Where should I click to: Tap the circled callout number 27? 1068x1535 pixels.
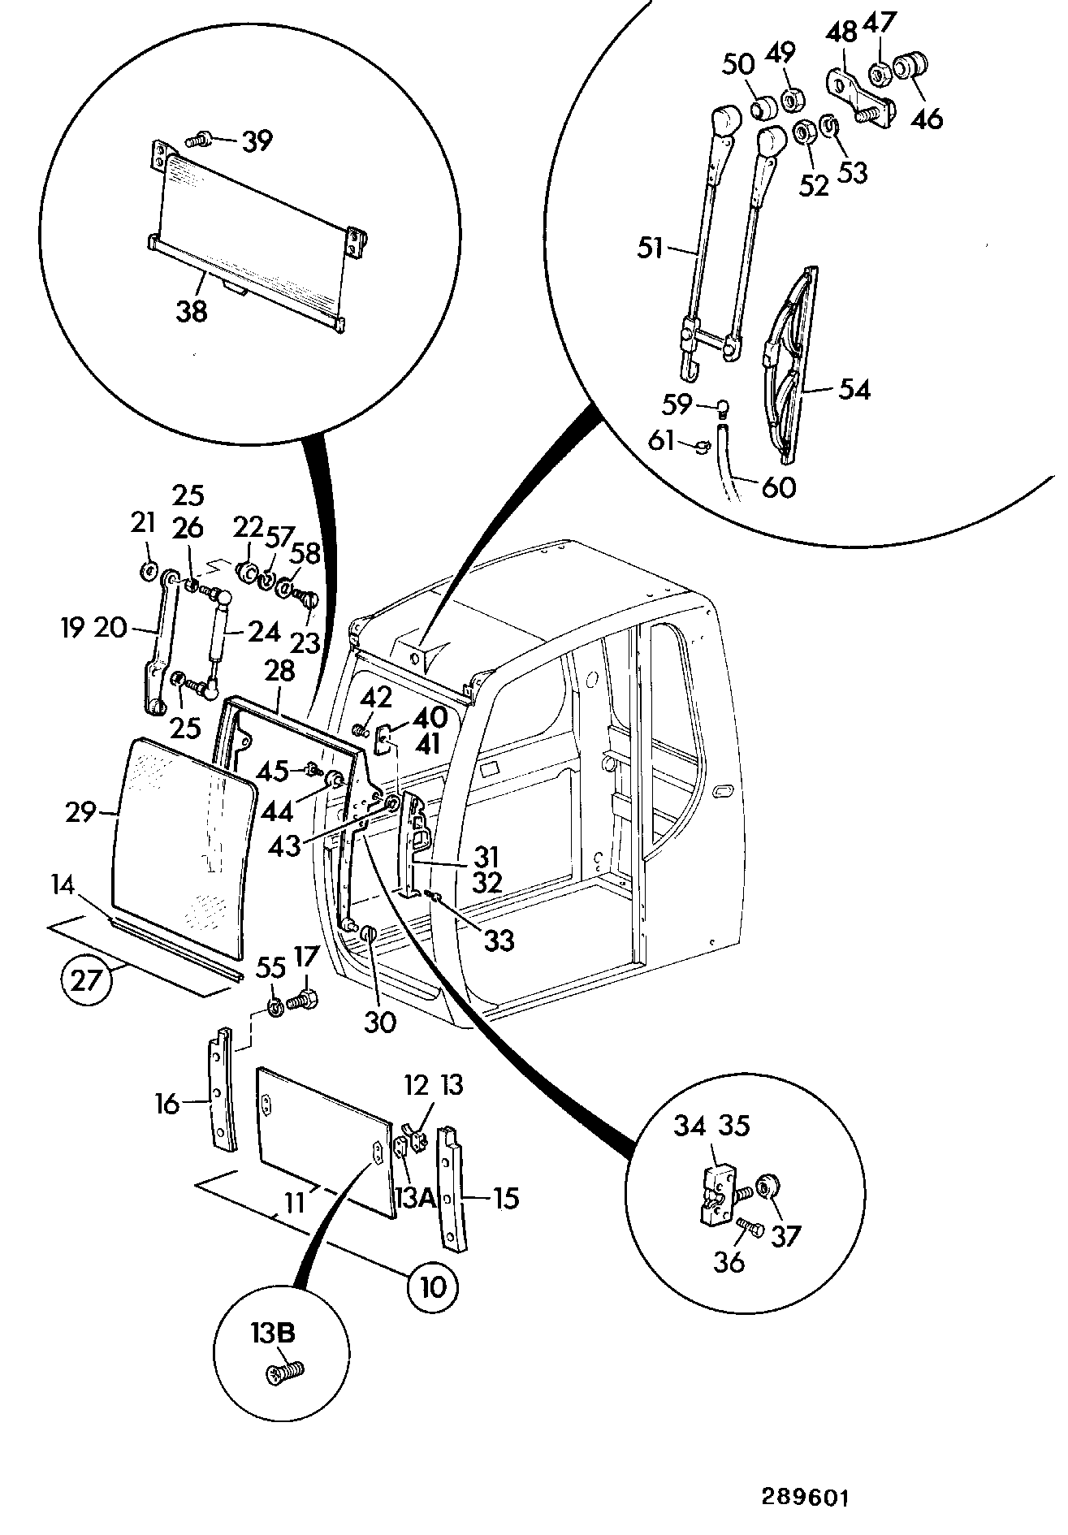pos(86,980)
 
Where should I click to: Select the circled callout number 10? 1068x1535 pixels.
pos(434,1286)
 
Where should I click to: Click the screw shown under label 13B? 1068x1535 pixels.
pos(284,1372)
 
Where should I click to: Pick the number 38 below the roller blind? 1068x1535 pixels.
pos(192,310)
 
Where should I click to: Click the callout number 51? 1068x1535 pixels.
pos(651,248)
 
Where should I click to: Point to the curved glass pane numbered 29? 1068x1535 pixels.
pos(183,845)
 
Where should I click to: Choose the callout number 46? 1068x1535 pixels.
pos(926,119)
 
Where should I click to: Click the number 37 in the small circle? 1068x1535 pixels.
pos(785,1235)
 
